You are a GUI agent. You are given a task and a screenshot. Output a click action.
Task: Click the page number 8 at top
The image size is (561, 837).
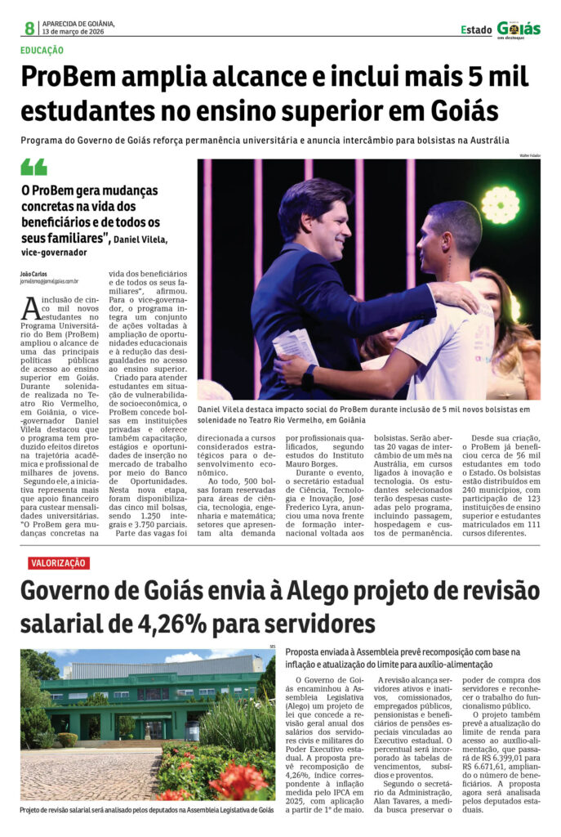(29, 29)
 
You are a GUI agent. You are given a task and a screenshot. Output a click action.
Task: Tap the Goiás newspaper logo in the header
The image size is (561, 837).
(519, 29)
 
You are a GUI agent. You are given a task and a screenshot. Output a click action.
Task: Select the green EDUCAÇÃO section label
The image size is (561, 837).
(42, 51)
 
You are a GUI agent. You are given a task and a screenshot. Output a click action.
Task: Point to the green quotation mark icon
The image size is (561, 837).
(33, 167)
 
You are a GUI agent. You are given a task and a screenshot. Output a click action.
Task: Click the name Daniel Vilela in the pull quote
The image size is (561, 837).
(141, 239)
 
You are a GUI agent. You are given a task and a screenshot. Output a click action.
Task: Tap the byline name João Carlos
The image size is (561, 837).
(33, 272)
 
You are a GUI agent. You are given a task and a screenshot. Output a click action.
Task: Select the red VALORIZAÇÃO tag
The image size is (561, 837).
(58, 562)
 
